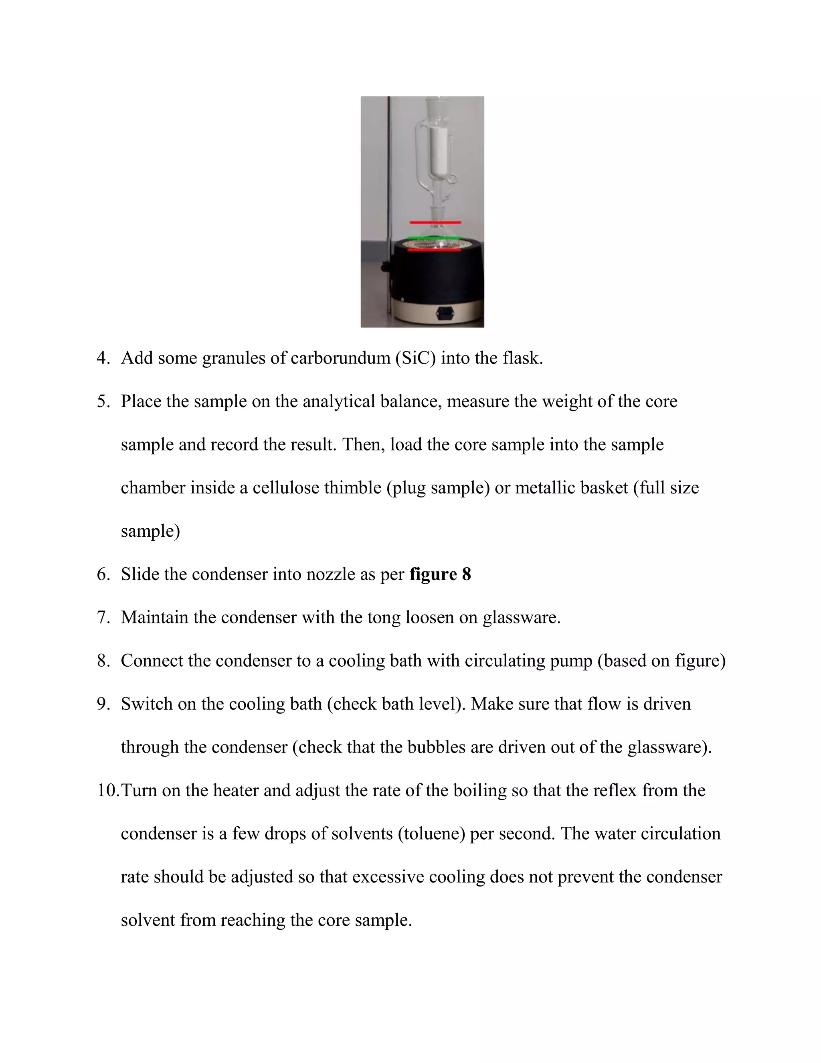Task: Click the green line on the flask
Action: tap(434, 238)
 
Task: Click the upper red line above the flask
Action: tap(435, 223)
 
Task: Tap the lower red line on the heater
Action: tap(434, 251)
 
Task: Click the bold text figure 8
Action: tap(440, 574)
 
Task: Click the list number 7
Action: tap(103, 618)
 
